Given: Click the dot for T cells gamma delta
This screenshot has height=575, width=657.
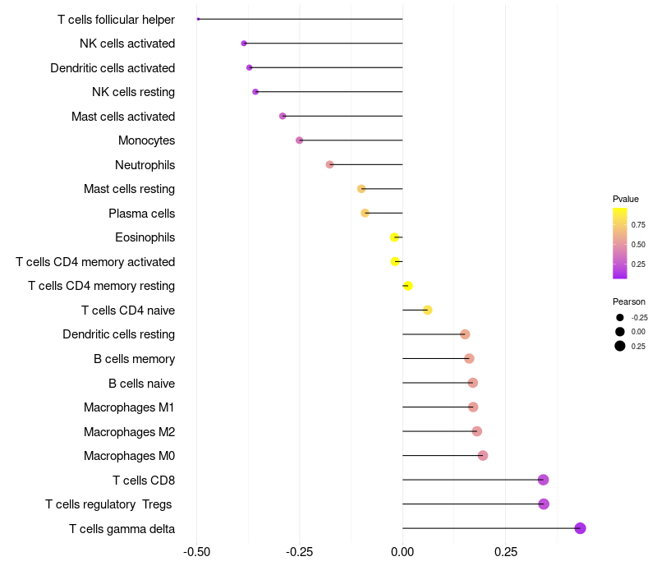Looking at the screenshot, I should (580, 528).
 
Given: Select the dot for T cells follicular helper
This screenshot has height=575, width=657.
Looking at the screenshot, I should (198, 19).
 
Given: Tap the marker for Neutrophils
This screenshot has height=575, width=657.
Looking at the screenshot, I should (330, 164).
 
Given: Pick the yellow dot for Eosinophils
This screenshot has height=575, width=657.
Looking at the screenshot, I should (395, 237).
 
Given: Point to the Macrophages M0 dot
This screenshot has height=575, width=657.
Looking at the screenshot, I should (483, 456).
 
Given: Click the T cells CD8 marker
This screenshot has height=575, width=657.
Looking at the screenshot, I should (543, 480).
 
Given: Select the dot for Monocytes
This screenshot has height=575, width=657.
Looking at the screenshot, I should (300, 140).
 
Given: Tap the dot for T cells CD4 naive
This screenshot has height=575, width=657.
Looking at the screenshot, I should (428, 310).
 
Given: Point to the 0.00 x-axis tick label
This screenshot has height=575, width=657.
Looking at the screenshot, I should (402, 553).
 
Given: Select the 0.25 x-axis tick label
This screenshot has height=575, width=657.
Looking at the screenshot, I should (506, 553).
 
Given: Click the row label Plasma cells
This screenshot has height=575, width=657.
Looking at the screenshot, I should (141, 214).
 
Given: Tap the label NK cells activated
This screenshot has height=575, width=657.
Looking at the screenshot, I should (127, 44).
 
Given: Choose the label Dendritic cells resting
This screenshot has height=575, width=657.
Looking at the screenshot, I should (118, 334).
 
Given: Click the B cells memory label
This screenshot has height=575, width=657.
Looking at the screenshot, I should (134, 359).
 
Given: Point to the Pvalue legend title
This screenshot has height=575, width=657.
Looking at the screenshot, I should (626, 199).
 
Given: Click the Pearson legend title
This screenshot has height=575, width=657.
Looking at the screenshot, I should (629, 301).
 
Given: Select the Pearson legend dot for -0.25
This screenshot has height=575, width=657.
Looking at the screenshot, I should (620, 317).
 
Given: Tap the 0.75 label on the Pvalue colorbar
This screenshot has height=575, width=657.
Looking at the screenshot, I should (638, 224).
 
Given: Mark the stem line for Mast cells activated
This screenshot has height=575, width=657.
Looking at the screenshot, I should (345, 116).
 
